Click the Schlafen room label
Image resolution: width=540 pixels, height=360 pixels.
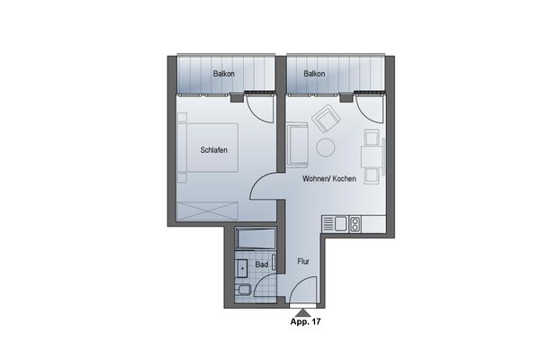(220, 151)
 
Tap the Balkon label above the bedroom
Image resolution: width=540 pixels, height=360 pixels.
(224, 74)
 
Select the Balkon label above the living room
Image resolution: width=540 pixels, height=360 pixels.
(314, 74)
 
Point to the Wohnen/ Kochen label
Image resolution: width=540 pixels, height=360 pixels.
(329, 179)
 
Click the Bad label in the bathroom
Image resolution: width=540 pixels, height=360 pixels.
(261, 265)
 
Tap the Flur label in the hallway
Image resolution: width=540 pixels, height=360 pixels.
(303, 262)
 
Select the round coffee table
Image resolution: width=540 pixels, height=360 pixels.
(325, 146)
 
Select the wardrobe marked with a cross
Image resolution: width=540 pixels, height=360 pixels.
(208, 211)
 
